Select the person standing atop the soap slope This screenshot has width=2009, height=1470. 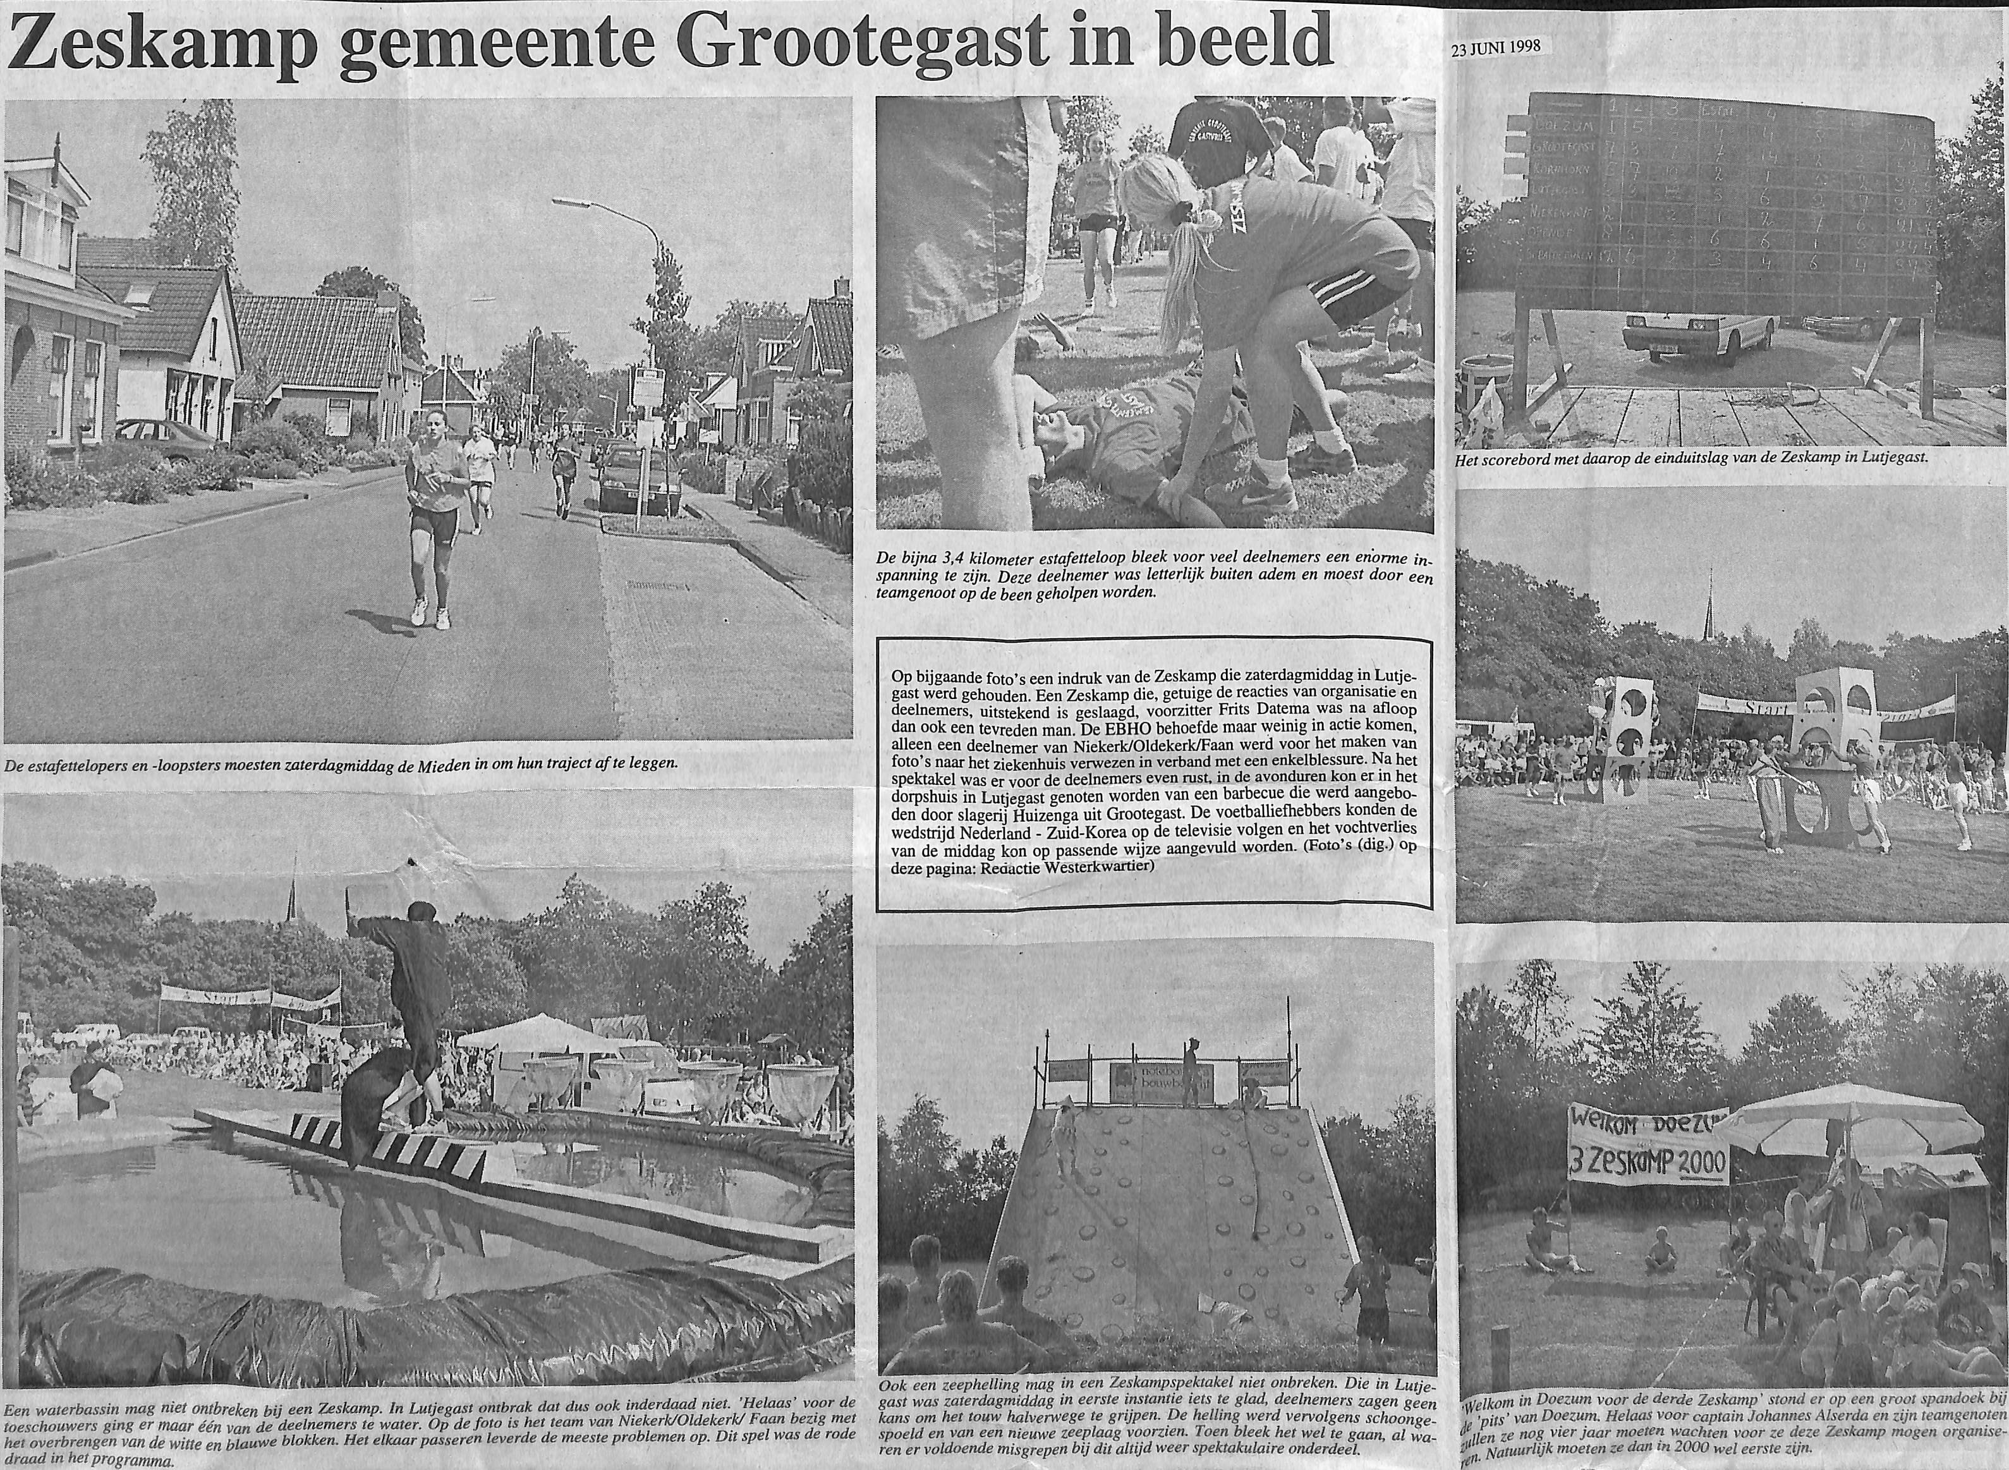click(x=1191, y=1072)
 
